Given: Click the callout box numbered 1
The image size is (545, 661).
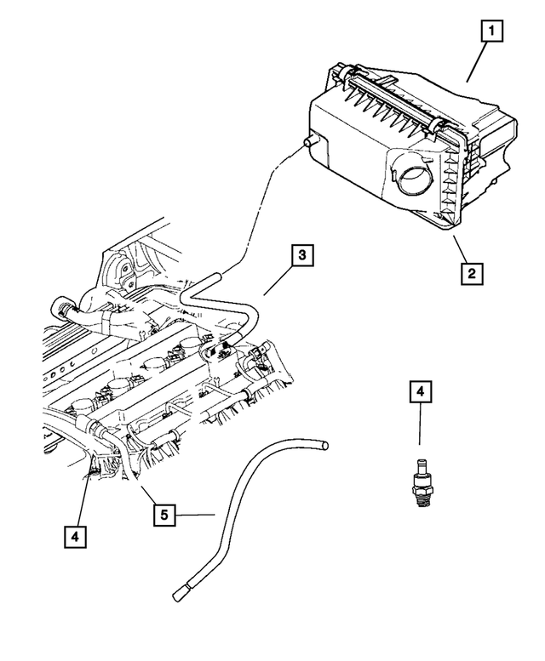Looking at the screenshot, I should click(x=491, y=32).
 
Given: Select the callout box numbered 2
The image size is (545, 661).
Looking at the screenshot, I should click(x=470, y=275).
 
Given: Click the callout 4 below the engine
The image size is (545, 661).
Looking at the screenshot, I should click(x=76, y=537).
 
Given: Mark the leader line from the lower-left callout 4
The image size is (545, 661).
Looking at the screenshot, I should click(x=83, y=502).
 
